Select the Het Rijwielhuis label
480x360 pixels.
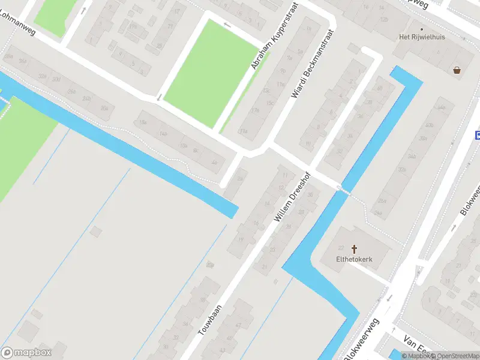[422, 37]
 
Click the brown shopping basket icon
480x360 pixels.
[458, 70]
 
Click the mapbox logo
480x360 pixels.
[26, 353]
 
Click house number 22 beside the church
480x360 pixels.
[341, 248]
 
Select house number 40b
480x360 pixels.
[429, 125]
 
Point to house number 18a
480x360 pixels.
[143, 122]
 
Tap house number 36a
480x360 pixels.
[23, 61]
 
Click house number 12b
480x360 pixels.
[384, 20]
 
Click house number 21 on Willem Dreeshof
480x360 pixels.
[265, 267]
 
